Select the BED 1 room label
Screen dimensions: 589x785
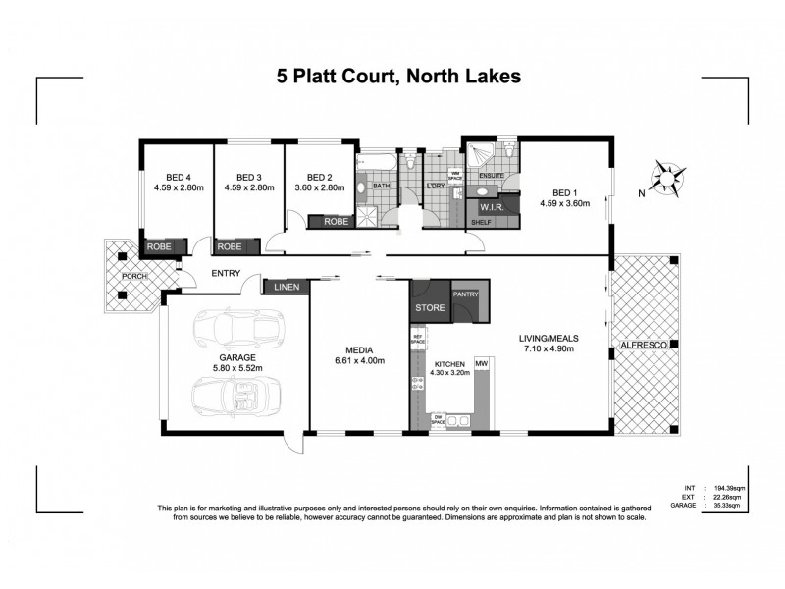coord(563,192)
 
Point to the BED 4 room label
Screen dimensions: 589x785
coord(177,179)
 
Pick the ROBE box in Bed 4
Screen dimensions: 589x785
coord(159,247)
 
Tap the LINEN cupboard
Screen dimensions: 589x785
coord(287,287)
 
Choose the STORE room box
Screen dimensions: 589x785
coord(430,307)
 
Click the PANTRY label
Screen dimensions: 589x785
coord(464,294)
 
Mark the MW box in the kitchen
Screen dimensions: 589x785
coord(481,365)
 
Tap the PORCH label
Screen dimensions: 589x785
coord(133,277)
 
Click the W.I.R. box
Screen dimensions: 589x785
coord(491,208)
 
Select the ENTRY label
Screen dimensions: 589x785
coord(226,275)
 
